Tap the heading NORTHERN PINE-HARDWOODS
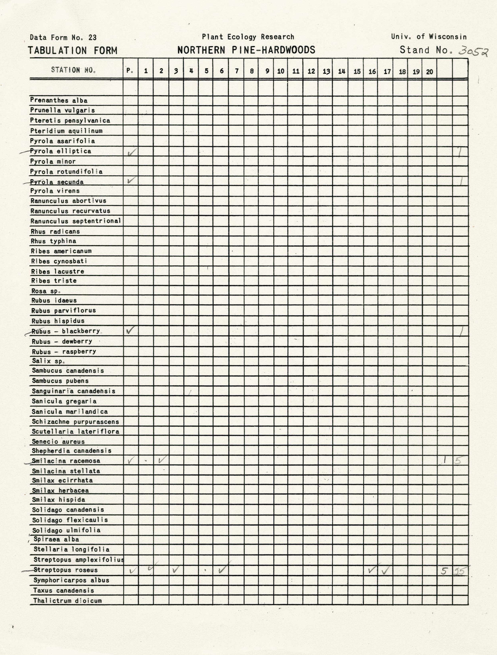[x=246, y=50]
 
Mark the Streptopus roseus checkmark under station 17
[x=386, y=570]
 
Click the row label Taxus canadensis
[x=64, y=590]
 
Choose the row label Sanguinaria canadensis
[x=73, y=391]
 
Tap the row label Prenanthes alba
[x=59, y=100]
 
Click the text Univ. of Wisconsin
[x=429, y=37]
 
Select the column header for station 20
[x=429, y=71]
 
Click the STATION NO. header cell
[x=73, y=70]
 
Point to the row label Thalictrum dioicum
[x=67, y=601]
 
